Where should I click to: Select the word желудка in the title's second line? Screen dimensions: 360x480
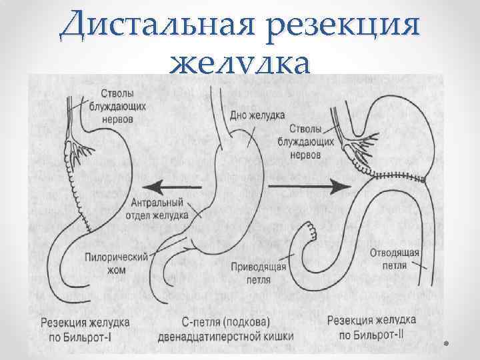point(240,65)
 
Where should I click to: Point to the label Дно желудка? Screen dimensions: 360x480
point(258,115)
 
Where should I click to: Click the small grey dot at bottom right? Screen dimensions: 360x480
point(447,344)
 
